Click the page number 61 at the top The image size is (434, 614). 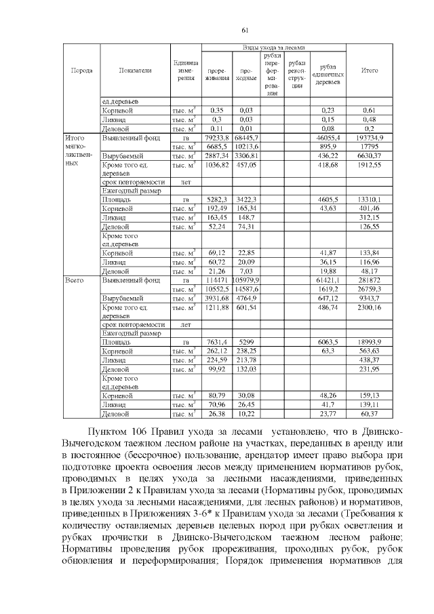click(245, 29)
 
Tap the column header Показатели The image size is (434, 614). click(134, 70)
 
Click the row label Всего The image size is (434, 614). click(73, 279)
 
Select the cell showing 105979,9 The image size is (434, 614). click(245, 279)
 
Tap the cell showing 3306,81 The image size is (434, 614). click(245, 155)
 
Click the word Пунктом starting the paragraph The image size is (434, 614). click(113, 432)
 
